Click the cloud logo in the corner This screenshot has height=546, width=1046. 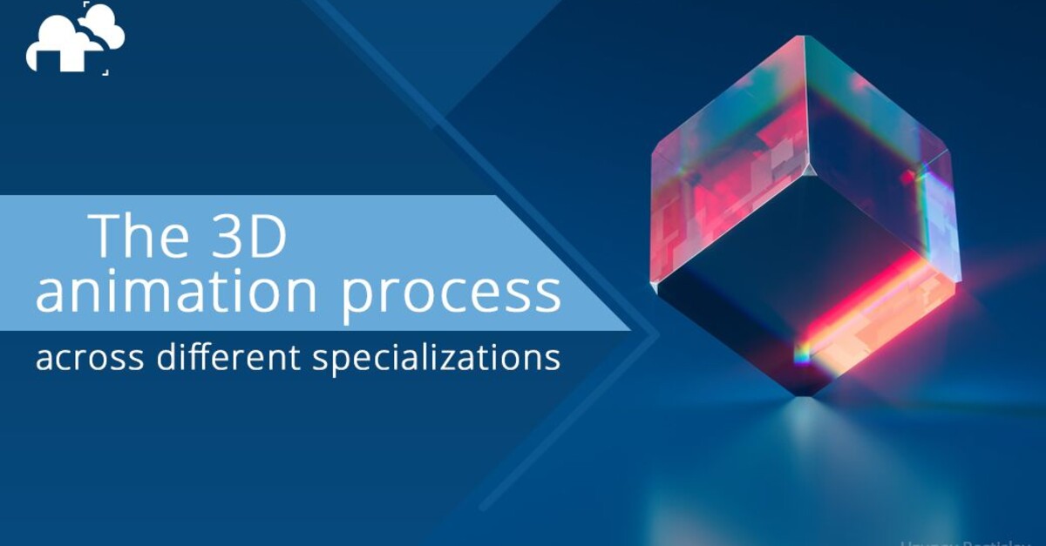pos(75,39)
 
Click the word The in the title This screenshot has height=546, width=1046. pos(143,235)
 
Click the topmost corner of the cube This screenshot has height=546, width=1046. pos(800,37)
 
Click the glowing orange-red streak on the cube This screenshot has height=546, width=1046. pos(872,305)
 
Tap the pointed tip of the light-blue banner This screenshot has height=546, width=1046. pos(629,330)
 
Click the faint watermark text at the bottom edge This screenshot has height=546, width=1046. pos(968,540)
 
